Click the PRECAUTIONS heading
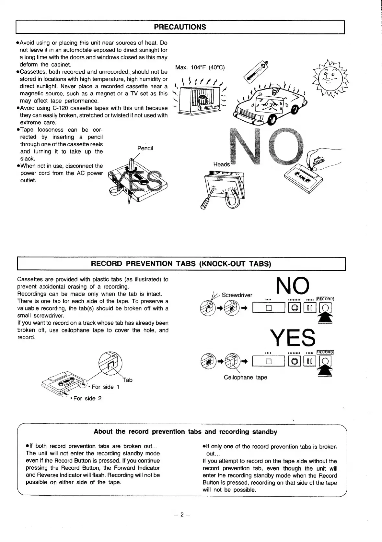click(180, 27)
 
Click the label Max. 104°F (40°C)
click(200, 67)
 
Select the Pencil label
click(145, 148)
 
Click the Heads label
click(222, 164)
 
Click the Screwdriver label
click(237, 295)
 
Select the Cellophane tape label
click(245, 378)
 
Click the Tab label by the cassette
click(128, 380)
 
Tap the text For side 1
click(106, 387)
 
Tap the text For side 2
click(87, 398)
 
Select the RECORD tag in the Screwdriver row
click(325, 299)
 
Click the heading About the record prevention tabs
click(185, 432)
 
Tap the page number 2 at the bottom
click(182, 514)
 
